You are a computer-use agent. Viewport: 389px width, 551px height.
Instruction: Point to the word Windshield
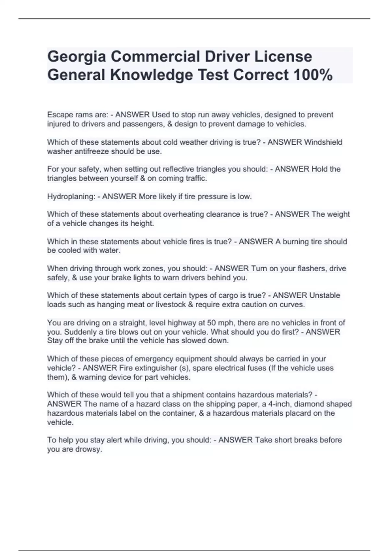323,142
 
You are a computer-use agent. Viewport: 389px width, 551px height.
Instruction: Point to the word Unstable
325,295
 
